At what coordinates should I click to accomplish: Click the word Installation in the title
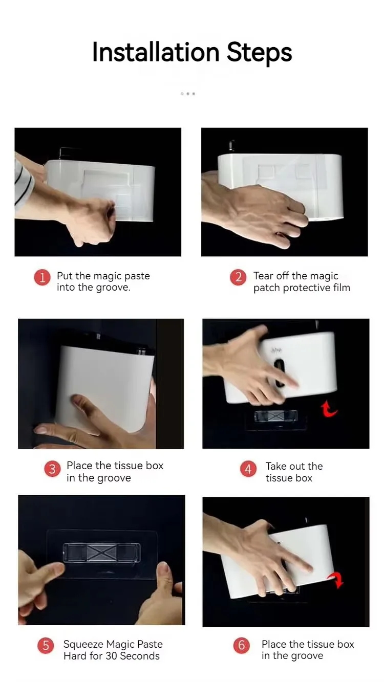[x=156, y=52]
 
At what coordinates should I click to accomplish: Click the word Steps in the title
[x=260, y=53]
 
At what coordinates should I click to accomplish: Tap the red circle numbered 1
[x=42, y=277]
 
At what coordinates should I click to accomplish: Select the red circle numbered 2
[x=238, y=277]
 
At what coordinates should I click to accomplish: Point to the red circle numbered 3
[x=52, y=469]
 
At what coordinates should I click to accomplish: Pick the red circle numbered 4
[x=248, y=469]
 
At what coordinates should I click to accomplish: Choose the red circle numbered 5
[x=46, y=645]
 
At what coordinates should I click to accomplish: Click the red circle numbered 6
[x=241, y=645]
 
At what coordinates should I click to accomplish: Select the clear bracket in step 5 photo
[x=101, y=552]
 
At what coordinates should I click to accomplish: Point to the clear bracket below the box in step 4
[x=276, y=416]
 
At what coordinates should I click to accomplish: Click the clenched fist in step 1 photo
[x=92, y=221]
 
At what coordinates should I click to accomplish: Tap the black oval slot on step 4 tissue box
[x=280, y=373]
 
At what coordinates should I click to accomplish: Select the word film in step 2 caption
[x=342, y=288]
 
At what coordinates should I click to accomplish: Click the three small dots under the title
[x=188, y=94]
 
